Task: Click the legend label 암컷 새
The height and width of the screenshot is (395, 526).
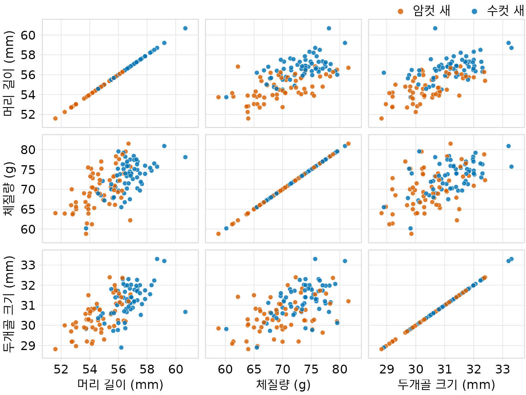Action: (x=432, y=11)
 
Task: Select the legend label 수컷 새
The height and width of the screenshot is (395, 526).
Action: (x=505, y=11)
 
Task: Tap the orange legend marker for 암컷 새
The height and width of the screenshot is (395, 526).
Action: (x=401, y=12)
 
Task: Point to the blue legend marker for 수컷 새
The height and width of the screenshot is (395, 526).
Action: (x=474, y=12)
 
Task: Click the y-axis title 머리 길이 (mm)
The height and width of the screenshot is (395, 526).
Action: (x=8, y=73)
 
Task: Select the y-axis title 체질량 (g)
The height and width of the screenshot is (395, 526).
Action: (x=8, y=189)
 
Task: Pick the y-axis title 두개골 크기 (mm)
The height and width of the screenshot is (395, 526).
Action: (x=8, y=304)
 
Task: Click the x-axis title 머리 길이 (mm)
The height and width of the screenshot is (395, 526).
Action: (x=120, y=385)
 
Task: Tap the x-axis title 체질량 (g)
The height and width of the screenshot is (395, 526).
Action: (x=283, y=385)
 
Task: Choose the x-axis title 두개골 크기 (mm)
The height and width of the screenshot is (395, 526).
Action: (x=446, y=385)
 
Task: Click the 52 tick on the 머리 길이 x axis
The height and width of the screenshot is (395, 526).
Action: (x=61, y=370)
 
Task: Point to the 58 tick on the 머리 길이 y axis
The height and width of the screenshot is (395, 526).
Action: (x=28, y=55)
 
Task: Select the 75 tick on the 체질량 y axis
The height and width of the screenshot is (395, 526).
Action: (x=28, y=169)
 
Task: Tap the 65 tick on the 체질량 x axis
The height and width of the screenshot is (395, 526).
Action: (x=254, y=370)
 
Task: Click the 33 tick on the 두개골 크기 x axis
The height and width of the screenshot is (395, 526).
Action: (x=503, y=370)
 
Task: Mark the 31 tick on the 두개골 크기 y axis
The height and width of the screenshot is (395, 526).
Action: (x=28, y=305)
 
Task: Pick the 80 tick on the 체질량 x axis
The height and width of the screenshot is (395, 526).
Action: (x=340, y=370)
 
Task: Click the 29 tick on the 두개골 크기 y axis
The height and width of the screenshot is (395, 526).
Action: (x=28, y=345)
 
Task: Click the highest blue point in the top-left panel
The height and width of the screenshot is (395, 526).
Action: (x=185, y=28)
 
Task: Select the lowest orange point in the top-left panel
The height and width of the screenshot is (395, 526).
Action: (x=55, y=118)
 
